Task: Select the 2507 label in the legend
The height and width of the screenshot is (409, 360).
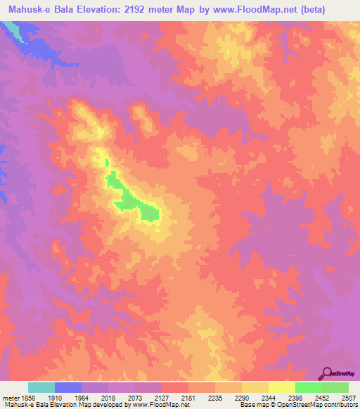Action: (348, 398)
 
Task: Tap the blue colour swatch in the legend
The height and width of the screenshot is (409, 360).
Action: (68, 387)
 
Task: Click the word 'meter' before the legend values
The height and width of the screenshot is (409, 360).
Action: (11, 398)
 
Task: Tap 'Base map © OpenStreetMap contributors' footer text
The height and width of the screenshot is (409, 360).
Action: (297, 405)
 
